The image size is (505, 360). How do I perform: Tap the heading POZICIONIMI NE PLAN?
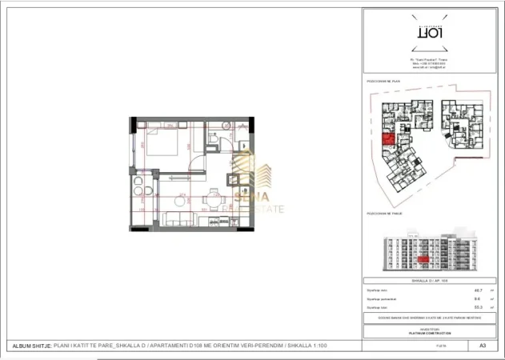click(383, 82)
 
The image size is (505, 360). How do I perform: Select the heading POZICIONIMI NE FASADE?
click(385, 214)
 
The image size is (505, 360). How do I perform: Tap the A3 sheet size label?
click(483, 346)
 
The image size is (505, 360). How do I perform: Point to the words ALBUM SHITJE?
click(30, 346)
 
